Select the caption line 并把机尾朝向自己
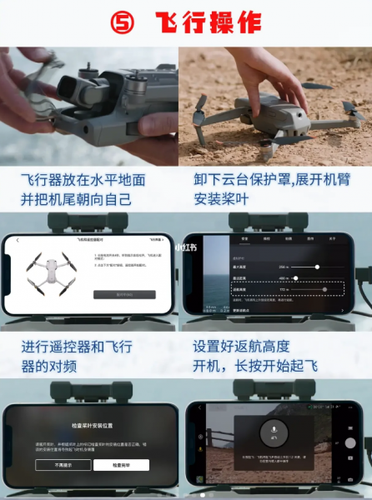coord(77,200)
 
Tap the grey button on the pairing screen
coord(124,294)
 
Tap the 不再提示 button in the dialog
coord(62,465)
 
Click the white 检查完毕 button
coord(122,465)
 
